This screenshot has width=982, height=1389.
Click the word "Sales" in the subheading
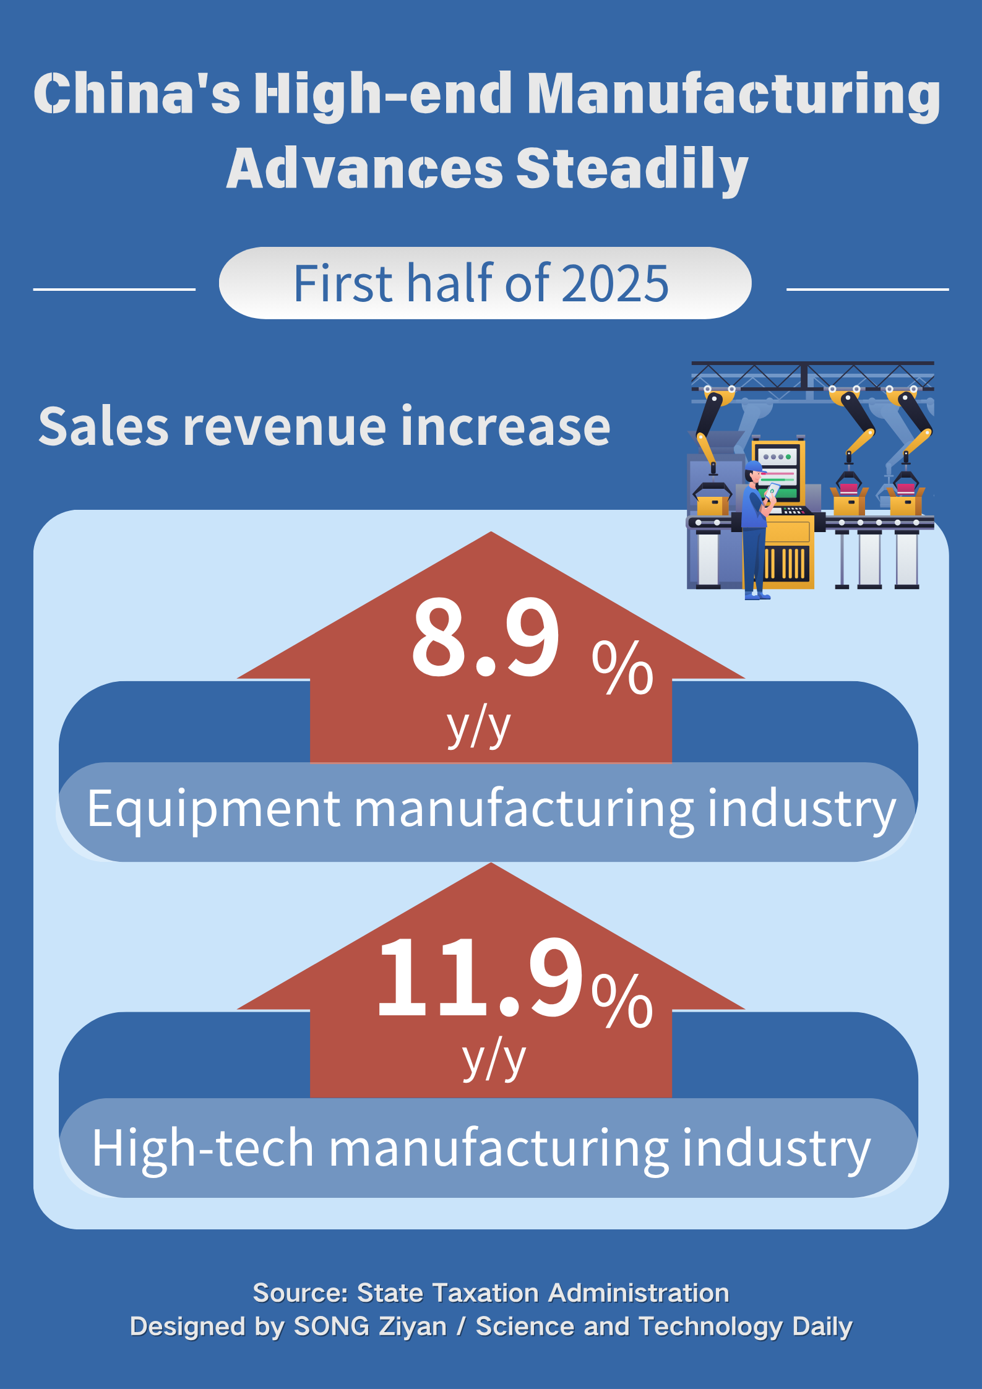point(103,427)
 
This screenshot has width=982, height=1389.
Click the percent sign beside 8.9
point(622,668)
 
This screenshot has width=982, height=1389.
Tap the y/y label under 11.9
point(494,1059)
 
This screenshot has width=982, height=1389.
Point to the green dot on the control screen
point(788,457)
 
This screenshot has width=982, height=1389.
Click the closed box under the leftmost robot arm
point(712,505)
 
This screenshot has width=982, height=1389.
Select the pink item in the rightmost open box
point(906,489)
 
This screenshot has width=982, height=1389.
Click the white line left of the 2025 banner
point(114,289)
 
